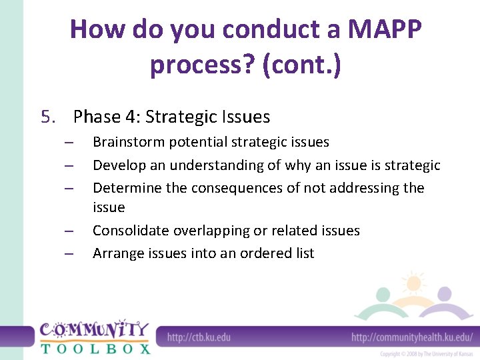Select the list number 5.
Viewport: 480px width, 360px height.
(x=47, y=117)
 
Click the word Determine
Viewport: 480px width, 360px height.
(x=127, y=188)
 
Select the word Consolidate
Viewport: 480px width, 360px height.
(x=131, y=231)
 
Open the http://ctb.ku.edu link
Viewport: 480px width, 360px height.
(x=199, y=337)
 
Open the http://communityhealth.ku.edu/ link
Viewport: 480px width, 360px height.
(x=412, y=337)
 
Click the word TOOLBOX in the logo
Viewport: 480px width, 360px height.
(x=95, y=348)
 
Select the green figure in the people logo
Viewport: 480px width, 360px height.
(x=383, y=297)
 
